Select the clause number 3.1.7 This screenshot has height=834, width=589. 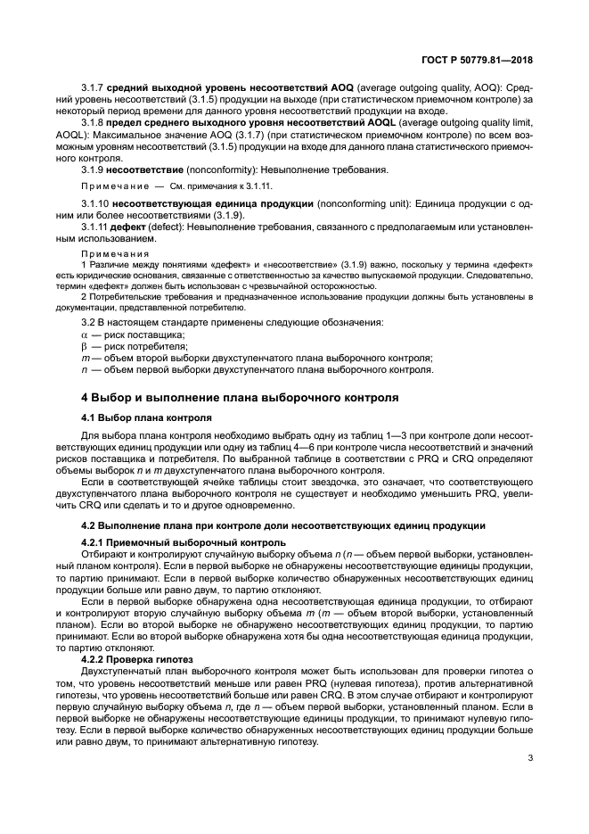pos(94,88)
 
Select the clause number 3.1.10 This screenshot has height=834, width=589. pos(96,204)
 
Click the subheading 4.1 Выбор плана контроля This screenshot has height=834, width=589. pos(146,417)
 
